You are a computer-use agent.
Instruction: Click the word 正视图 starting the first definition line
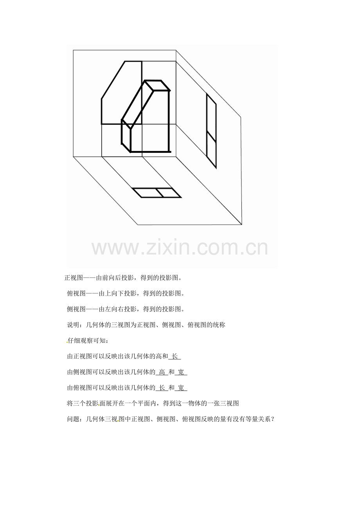(74, 278)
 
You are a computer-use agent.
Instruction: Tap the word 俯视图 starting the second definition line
(76, 293)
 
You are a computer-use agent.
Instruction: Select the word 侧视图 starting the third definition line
(76, 309)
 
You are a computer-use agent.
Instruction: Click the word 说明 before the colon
(73, 325)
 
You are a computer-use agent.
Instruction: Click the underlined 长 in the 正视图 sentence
(175, 356)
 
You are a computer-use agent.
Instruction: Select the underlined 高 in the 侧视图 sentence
(162, 372)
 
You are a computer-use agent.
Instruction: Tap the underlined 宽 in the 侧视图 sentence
(181, 372)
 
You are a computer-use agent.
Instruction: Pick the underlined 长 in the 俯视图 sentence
(162, 388)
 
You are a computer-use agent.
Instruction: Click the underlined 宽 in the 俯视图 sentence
(181, 388)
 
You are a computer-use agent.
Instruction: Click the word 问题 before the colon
(73, 419)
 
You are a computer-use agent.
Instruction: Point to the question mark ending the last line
(273, 419)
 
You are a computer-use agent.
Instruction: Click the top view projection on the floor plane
(157, 193)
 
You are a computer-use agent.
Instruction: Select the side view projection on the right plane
(211, 131)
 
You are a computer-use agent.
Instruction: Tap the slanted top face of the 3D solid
(138, 105)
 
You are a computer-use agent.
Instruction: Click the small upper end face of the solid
(157, 86)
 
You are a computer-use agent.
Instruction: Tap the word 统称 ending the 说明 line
(219, 325)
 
